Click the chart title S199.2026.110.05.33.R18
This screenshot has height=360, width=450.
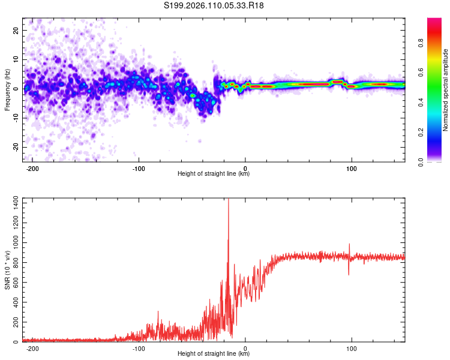[x=214, y=5]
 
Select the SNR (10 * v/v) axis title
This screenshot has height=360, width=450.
[x=7, y=271]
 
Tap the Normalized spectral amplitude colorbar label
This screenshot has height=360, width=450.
[x=446, y=91]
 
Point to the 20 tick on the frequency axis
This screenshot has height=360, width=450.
[x=17, y=30]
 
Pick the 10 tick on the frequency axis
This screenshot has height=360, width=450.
[x=17, y=59]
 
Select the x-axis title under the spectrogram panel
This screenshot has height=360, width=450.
[x=214, y=174]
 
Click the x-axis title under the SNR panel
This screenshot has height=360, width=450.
[x=214, y=354]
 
